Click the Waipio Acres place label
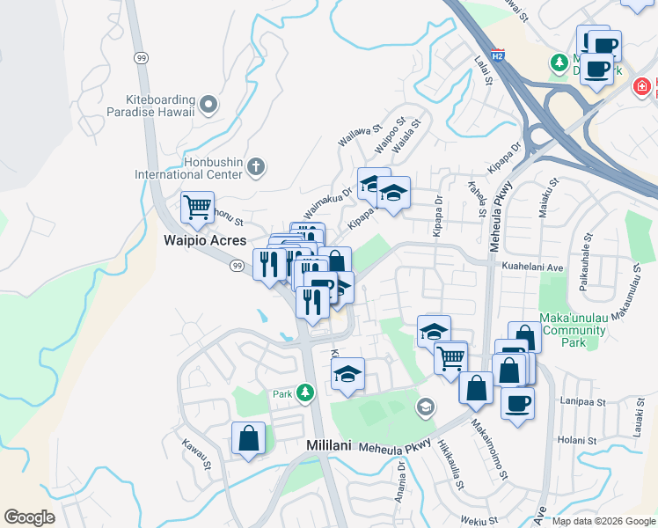[203, 239]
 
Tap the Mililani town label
[329, 446]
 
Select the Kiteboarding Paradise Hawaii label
[155, 106]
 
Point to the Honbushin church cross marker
[255, 165]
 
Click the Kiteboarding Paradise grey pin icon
[209, 106]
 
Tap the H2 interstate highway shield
[498, 55]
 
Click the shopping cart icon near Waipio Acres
[197, 208]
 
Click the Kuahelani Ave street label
[531, 266]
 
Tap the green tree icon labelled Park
[305, 392]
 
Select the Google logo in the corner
[29, 517]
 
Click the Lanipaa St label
[584, 401]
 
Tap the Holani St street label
[577, 440]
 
